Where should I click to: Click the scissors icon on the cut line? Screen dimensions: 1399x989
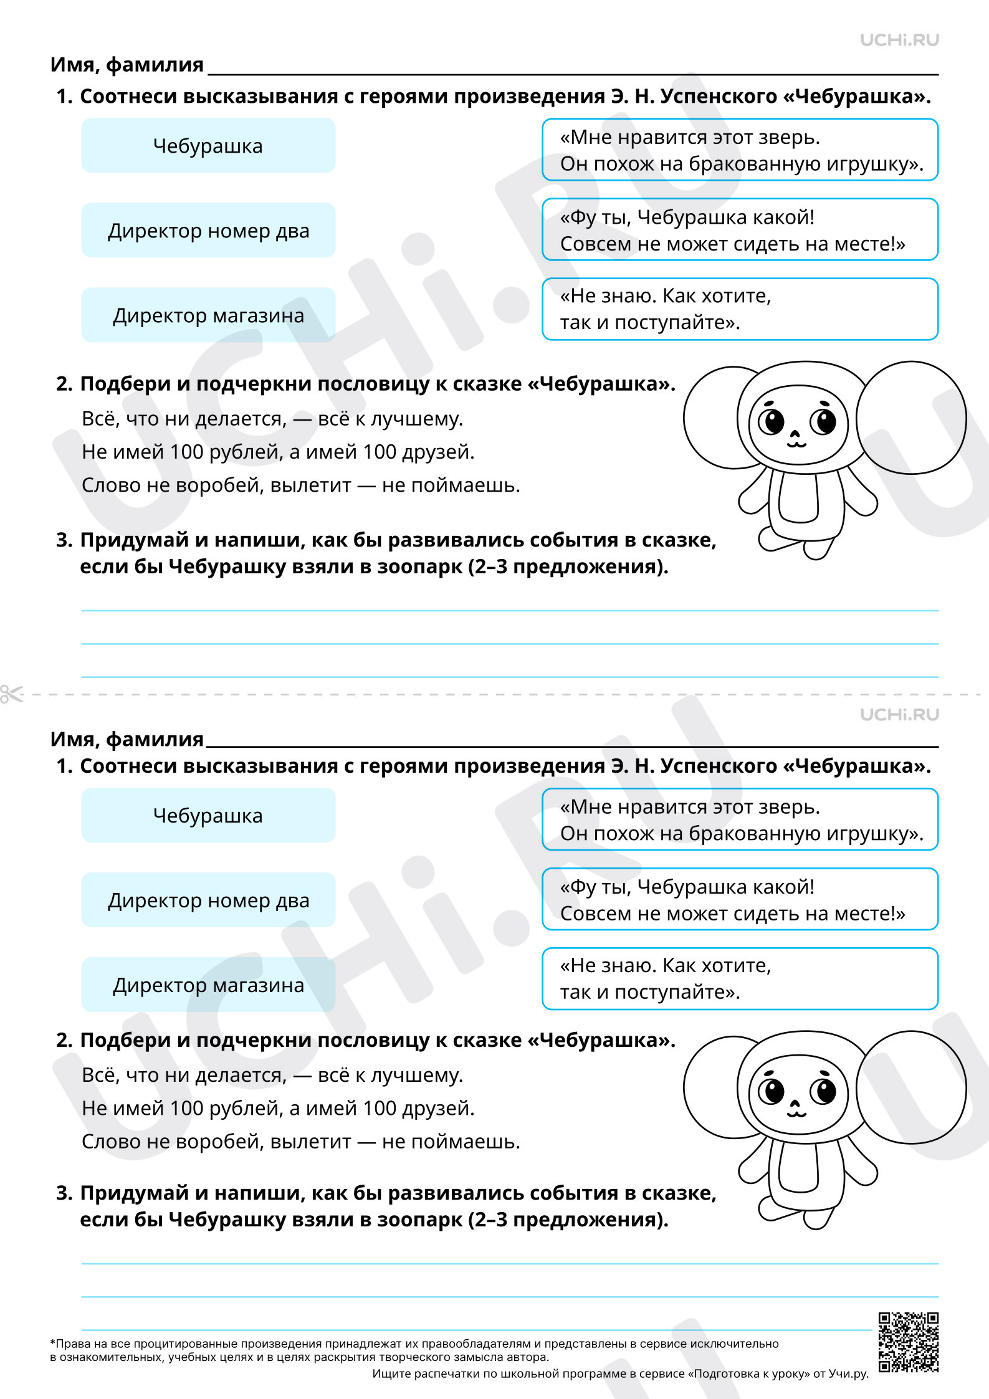coord(11,694)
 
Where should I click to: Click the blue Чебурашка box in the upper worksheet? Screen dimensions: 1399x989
coord(208,146)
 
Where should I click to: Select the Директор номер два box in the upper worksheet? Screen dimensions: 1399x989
coord(208,231)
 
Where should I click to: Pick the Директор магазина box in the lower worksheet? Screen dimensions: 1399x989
coord(208,985)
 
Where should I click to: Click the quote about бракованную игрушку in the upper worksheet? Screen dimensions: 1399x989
coord(740,150)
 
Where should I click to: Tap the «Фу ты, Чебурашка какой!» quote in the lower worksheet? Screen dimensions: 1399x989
coord(740,899)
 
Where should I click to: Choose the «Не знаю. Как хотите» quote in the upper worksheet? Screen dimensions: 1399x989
coord(740,309)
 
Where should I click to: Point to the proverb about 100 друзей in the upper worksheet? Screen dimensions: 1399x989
coord(278,452)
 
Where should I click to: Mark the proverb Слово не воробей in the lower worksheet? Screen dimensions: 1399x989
coord(300,1142)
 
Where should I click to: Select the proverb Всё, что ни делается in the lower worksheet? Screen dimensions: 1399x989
coord(272,1075)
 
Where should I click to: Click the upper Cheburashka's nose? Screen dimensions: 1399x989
coord(795,434)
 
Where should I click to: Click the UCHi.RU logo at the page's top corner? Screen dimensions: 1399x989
coord(899,41)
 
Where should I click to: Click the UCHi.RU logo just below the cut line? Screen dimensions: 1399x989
coord(899,715)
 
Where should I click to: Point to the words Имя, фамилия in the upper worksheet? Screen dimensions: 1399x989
coord(127,65)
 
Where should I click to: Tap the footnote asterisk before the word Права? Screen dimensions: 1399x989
coord(52,1343)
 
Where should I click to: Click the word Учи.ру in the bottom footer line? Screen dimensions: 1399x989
coord(848,1373)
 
